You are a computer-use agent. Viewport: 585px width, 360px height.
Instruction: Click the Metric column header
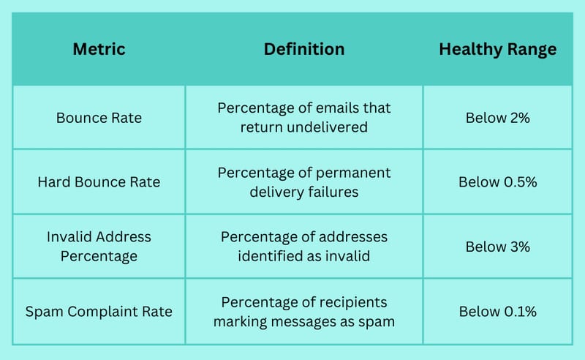pos(99,49)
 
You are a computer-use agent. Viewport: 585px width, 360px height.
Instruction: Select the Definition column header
pos(304,49)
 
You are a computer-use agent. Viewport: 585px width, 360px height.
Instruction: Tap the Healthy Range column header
pos(498,50)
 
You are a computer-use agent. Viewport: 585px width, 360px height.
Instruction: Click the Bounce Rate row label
pos(99,118)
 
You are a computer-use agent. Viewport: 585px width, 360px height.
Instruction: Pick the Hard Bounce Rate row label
pos(99,182)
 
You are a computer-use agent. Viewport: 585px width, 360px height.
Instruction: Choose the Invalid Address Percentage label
pos(99,247)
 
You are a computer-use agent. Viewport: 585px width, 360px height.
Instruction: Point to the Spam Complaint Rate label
pos(99,312)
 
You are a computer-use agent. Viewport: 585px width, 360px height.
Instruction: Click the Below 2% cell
pos(498,118)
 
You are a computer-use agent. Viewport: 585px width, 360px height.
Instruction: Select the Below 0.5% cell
pos(498,182)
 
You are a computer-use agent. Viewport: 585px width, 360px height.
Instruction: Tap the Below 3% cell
pos(498,247)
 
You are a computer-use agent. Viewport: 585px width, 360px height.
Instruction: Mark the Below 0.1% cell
pos(498,312)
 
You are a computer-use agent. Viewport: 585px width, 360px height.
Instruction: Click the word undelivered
pos(327,127)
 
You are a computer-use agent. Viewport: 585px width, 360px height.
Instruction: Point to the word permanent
pos(353,173)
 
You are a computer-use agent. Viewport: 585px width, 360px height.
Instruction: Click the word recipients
pos(351,302)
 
